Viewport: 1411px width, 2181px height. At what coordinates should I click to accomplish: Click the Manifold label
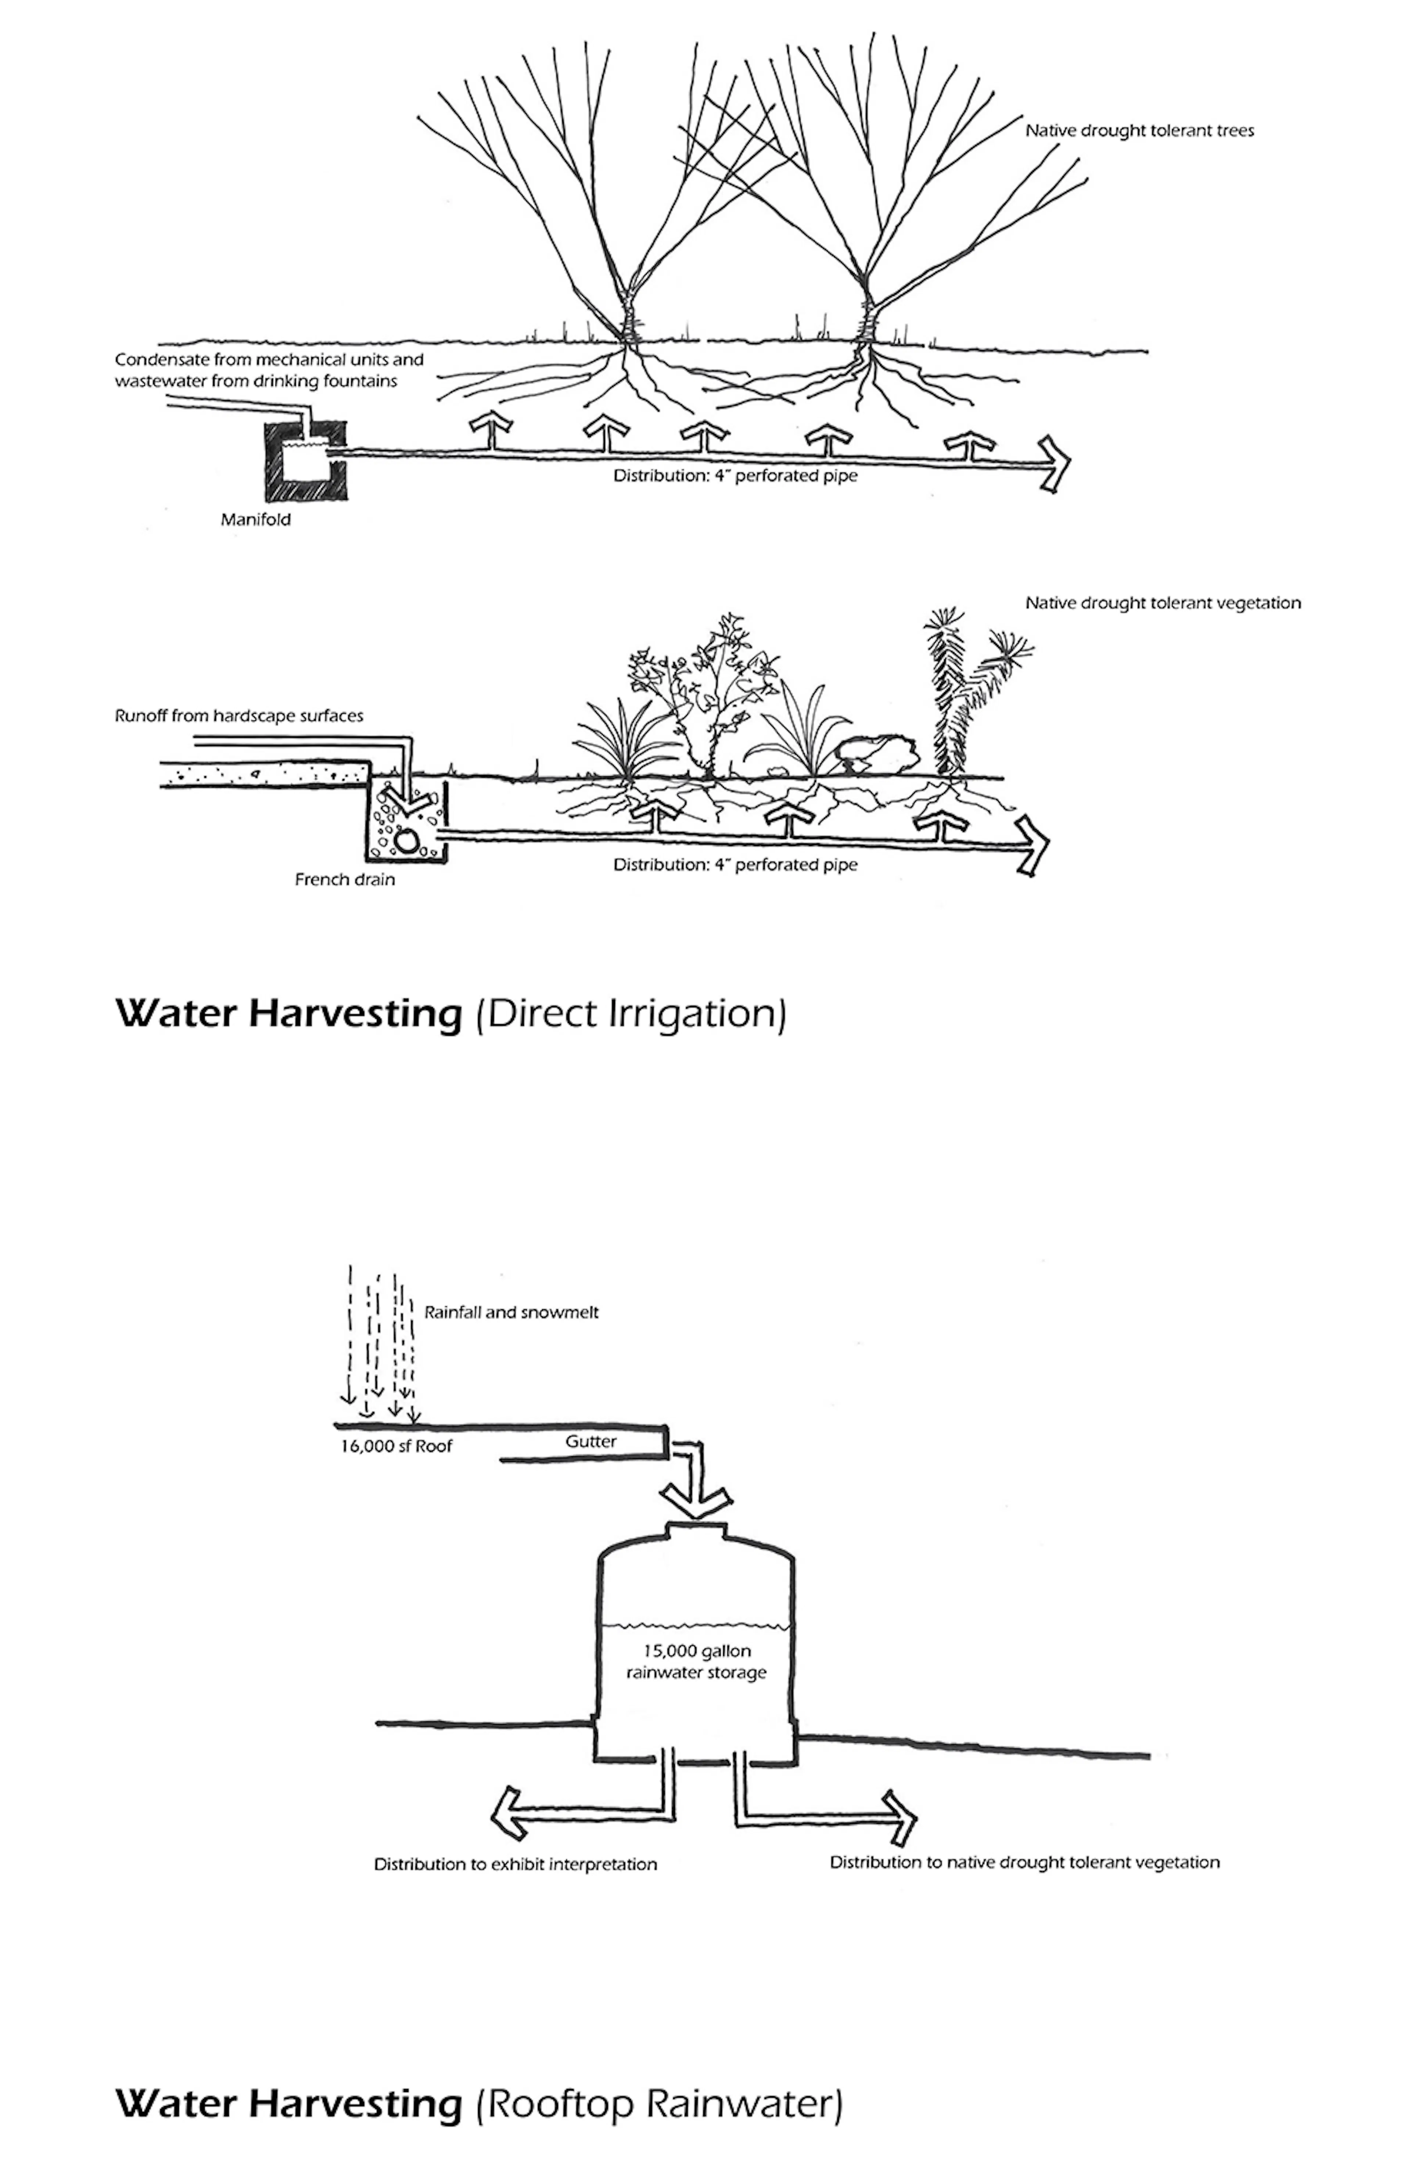(256, 520)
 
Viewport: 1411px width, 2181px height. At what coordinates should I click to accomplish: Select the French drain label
(345, 880)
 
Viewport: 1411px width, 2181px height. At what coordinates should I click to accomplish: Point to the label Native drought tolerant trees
(1139, 131)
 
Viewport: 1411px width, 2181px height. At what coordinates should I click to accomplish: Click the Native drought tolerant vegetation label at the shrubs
(1162, 603)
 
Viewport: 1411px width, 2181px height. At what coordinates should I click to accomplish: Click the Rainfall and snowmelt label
(511, 1312)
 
